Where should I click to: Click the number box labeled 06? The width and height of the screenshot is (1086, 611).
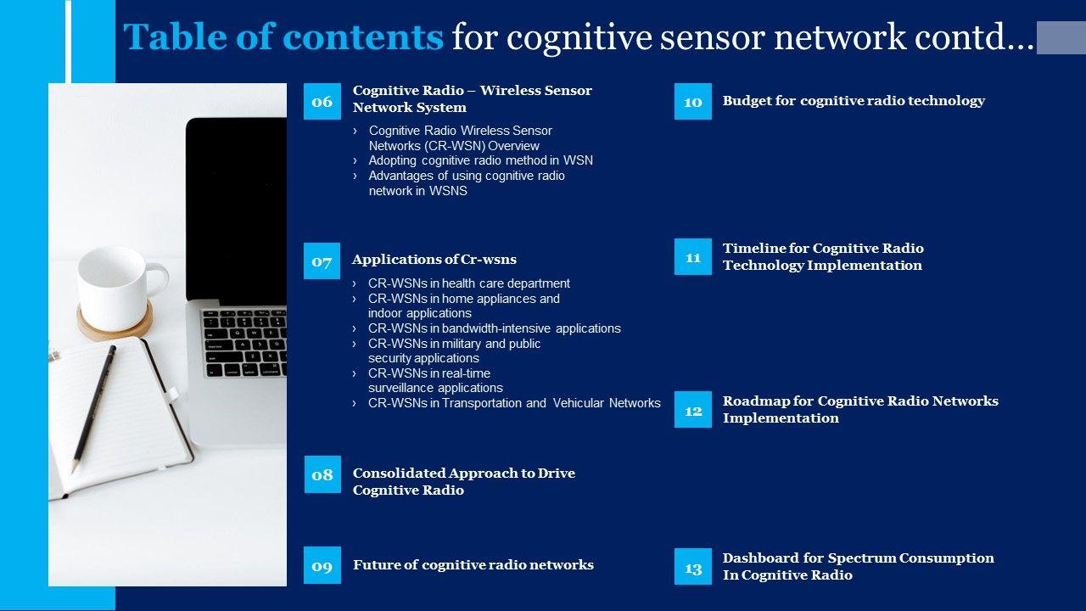pyautogui.click(x=322, y=101)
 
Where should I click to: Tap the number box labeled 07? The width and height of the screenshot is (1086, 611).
pyautogui.click(x=322, y=261)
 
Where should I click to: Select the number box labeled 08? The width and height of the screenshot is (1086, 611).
pyautogui.click(x=322, y=474)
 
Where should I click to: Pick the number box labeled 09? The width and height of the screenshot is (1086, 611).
pyautogui.click(x=322, y=565)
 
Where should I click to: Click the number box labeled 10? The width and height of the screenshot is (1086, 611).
pyautogui.click(x=693, y=101)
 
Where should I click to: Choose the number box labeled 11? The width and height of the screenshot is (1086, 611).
pyautogui.click(x=693, y=256)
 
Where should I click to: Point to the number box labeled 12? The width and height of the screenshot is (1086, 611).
pyautogui.click(x=693, y=410)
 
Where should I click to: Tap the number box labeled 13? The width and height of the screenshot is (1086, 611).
pyautogui.click(x=693, y=566)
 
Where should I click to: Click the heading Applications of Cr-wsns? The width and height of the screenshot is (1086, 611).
pyautogui.click(x=434, y=260)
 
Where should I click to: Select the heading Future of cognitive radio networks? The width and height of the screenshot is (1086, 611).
pyautogui.click(x=473, y=565)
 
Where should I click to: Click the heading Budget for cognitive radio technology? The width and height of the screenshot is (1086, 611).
pyautogui.click(x=854, y=101)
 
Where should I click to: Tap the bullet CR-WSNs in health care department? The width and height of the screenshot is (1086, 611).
pyautogui.click(x=469, y=283)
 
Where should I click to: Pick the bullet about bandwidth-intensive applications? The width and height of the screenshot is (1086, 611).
pyautogui.click(x=494, y=328)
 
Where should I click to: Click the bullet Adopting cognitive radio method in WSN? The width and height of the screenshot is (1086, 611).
pyautogui.click(x=480, y=160)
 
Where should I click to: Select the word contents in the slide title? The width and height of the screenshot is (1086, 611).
pyautogui.click(x=363, y=36)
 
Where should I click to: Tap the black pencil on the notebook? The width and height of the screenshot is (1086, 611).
pyautogui.click(x=93, y=409)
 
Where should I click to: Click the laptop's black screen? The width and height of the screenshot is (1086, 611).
pyautogui.click(x=236, y=210)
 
